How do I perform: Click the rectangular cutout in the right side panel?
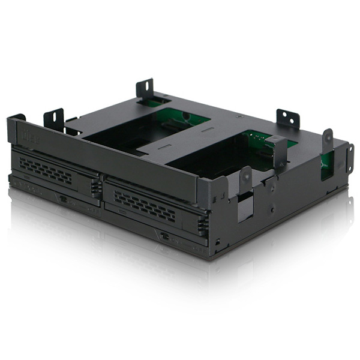point(245,207)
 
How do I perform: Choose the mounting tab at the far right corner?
point(350,157)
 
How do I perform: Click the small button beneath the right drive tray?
point(163,236)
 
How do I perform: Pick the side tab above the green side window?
point(327,140)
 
